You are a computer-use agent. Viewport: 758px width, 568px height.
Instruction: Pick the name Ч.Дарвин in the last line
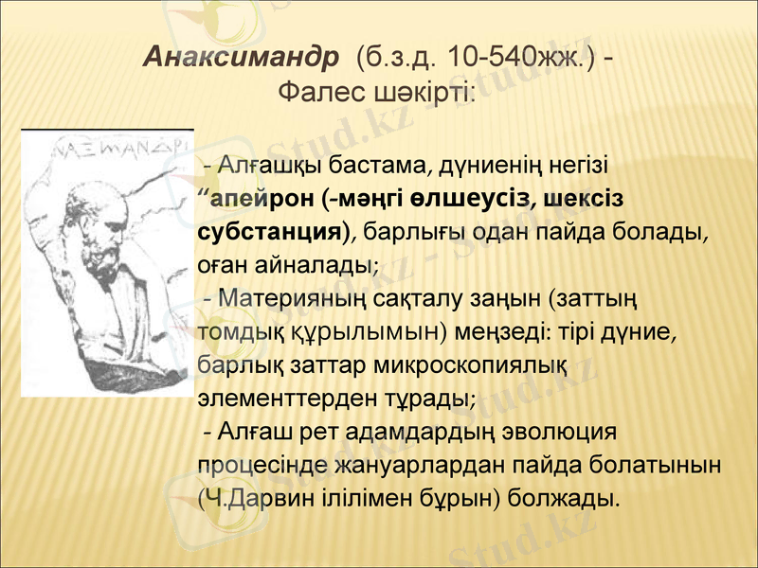click(x=257, y=498)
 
